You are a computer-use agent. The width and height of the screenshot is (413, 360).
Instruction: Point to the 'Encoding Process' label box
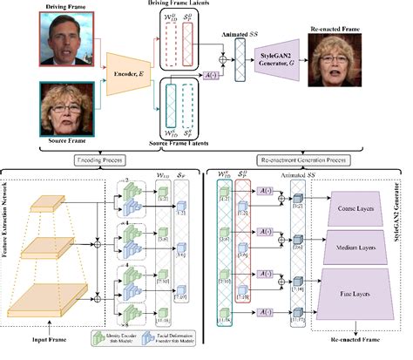[98, 161]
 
